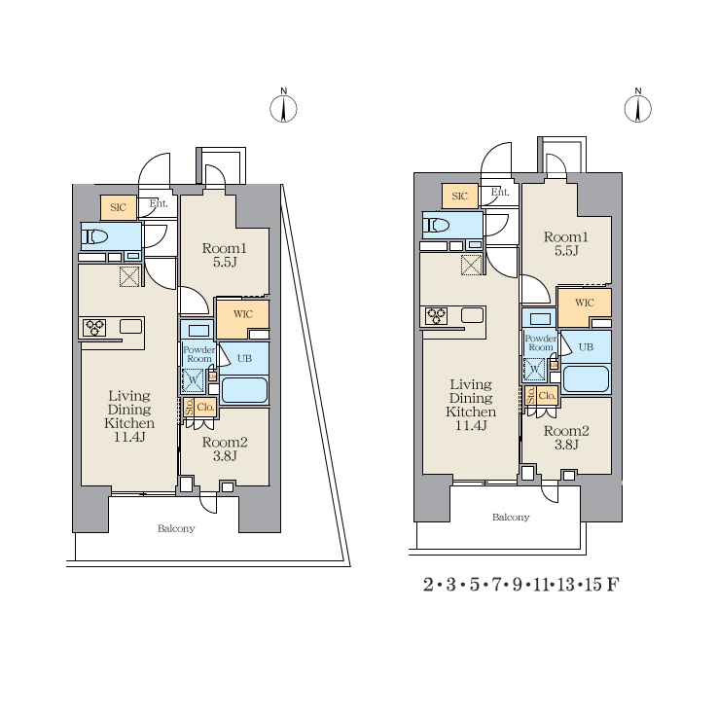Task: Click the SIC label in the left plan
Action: click(x=118, y=207)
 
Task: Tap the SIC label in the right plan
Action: click(x=459, y=197)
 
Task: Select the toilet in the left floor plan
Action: click(x=94, y=236)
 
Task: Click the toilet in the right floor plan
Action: click(x=436, y=226)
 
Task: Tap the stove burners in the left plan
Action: click(x=95, y=328)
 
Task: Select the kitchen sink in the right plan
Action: click(x=473, y=315)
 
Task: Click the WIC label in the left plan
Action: click(x=243, y=314)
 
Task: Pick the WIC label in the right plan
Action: click(x=585, y=303)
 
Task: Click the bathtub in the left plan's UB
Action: click(x=244, y=390)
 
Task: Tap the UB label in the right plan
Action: click(x=586, y=347)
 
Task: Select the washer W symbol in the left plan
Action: click(x=193, y=380)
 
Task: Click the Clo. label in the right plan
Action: click(x=547, y=396)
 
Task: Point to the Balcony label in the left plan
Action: click(x=176, y=528)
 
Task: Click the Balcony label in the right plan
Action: click(x=511, y=518)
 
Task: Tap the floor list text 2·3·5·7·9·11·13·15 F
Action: click(x=521, y=585)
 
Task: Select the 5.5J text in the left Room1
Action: click(x=225, y=262)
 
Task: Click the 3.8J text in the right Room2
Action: click(x=566, y=445)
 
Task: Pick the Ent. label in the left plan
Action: click(x=159, y=203)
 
